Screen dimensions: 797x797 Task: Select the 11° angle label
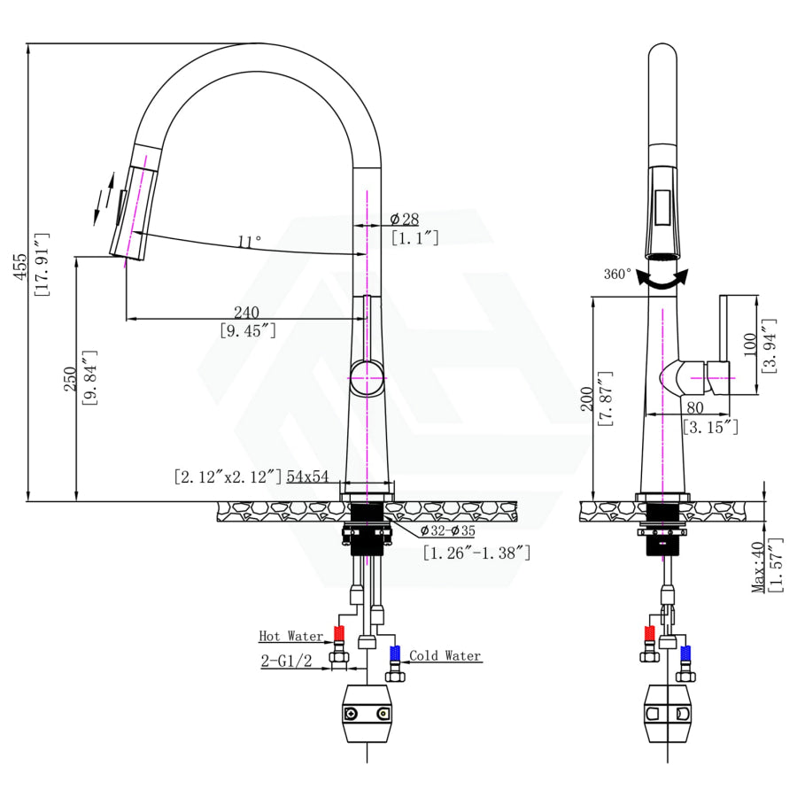250,241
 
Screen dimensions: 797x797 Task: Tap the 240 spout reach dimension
246,312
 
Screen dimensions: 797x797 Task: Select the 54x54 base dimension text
307,476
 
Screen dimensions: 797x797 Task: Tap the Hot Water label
290,636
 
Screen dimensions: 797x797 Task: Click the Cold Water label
445,656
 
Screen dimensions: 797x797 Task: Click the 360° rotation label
617,274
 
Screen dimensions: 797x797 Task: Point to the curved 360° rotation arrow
664,279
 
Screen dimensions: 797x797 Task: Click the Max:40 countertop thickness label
758,568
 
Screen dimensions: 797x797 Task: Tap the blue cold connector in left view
395,654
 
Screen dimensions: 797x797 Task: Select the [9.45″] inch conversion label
247,330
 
